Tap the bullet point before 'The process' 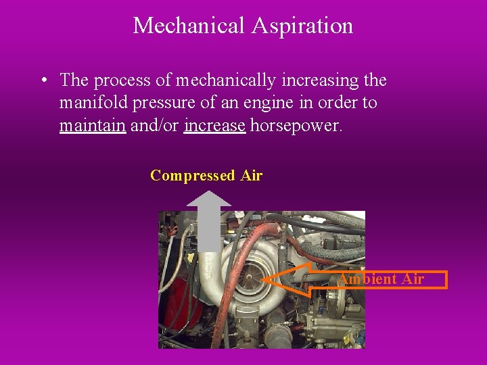pyautogui.click(x=43, y=80)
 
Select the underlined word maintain pyautogui.click(x=93, y=126)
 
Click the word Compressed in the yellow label pyautogui.click(x=192, y=176)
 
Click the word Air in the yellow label pyautogui.click(x=251, y=176)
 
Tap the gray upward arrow pyautogui.click(x=208, y=220)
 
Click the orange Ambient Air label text pyautogui.click(x=381, y=279)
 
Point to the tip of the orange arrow pyautogui.click(x=264, y=279)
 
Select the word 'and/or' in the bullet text pyautogui.click(x=155, y=126)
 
